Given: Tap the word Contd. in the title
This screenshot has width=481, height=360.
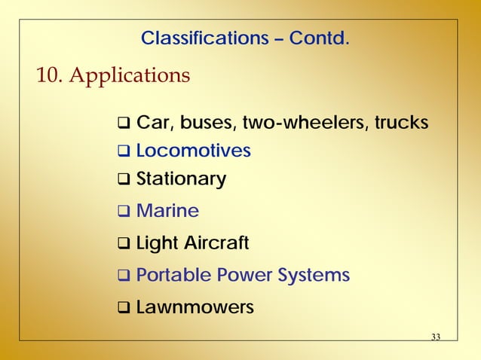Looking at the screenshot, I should point(319,37).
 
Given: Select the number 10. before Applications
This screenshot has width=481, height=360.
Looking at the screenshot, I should point(48,76).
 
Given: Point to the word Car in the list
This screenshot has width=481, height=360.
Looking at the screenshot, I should point(152,123).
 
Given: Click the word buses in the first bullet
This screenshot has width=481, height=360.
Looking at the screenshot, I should point(200,123).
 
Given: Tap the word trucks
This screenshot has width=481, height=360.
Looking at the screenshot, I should point(402,123).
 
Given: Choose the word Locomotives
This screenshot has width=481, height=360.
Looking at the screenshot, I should point(194,151).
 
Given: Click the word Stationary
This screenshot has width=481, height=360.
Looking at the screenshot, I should point(181,179).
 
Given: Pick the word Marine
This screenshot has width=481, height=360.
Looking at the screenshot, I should point(167,211).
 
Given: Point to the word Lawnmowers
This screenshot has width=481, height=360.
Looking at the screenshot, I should point(195,307).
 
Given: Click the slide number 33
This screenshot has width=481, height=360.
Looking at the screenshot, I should point(435,336).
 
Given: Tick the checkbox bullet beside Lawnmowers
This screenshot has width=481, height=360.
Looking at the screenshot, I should point(124,308).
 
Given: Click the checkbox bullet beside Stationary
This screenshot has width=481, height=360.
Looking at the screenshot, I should point(124,180).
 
